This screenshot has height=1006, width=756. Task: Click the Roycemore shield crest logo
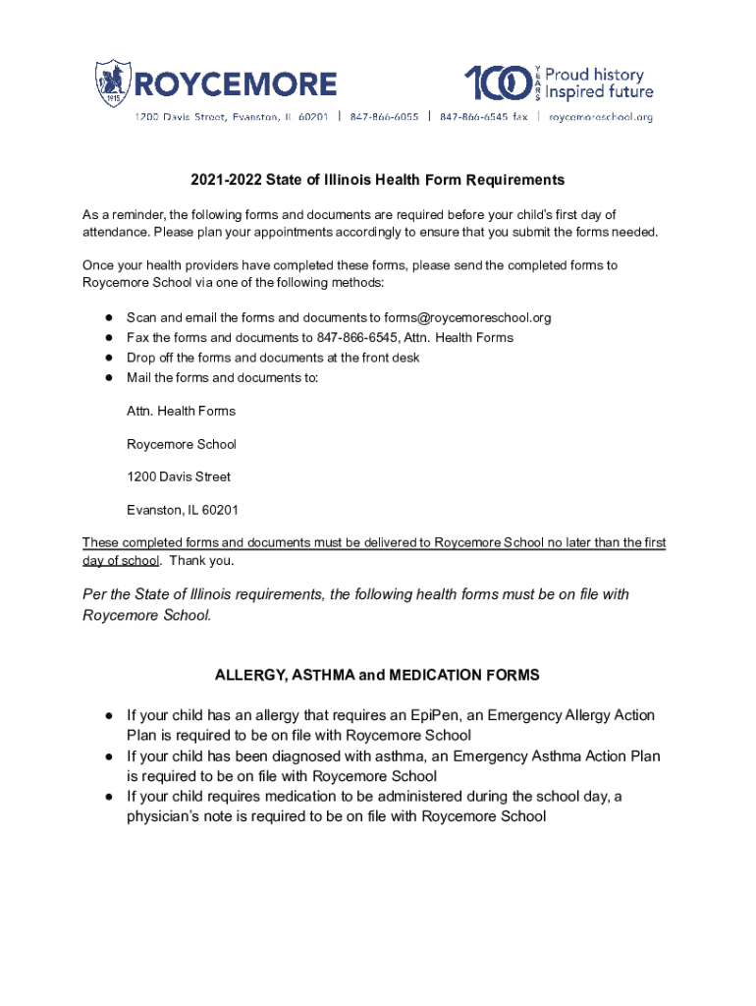tap(112, 84)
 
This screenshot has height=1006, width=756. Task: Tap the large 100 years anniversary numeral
tap(500, 84)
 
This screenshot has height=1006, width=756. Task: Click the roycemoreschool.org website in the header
tap(601, 117)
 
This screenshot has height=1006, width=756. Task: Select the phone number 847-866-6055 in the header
tap(383, 117)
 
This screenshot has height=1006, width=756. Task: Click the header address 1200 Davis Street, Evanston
tap(231, 117)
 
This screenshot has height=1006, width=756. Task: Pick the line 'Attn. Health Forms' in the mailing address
tap(181, 411)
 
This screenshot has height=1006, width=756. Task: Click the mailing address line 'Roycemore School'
tap(182, 444)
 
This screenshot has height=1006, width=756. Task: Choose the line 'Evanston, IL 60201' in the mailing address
tap(183, 510)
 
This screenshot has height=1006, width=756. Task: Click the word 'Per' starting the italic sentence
tap(95, 594)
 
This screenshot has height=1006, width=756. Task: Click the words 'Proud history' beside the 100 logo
tap(595, 75)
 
